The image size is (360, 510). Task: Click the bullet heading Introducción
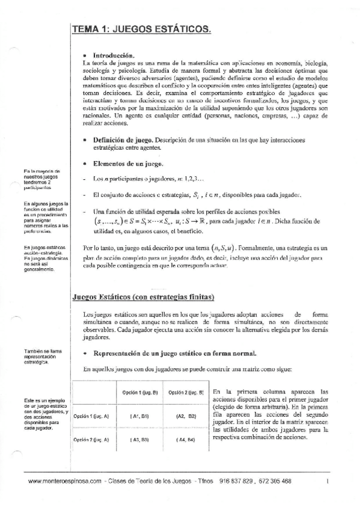click(112, 55)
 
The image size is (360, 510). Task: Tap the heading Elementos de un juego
click(126, 164)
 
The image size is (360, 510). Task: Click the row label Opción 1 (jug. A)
click(91, 416)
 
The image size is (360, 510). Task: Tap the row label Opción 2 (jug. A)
click(91, 440)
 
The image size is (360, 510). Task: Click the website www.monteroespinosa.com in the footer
click(64, 482)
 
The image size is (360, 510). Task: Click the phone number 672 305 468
click(273, 482)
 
